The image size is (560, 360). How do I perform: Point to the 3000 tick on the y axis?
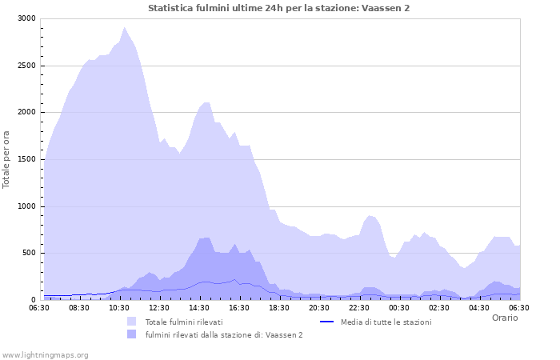click(26, 18)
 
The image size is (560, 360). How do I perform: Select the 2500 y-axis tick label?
click(26, 66)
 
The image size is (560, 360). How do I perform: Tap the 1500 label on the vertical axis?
click(26, 159)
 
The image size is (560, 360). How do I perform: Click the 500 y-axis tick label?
click(28, 253)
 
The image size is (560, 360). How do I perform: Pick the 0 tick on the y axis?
click(33, 300)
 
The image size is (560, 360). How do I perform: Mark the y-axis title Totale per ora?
click(7, 158)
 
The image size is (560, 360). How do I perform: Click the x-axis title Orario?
click(505, 318)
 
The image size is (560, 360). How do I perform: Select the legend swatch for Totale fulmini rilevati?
click(131, 322)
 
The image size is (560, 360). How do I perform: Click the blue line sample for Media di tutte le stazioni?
click(326, 322)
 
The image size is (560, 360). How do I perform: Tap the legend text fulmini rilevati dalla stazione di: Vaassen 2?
click(224, 334)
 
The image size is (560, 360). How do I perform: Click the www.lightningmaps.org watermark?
click(45, 354)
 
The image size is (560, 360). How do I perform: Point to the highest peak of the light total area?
click(124, 27)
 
